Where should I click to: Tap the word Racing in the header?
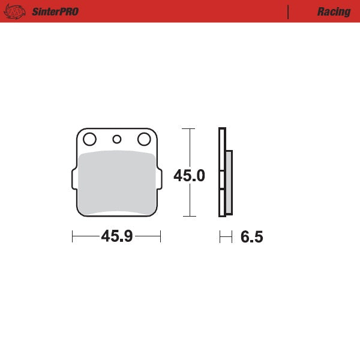(x=334, y=11)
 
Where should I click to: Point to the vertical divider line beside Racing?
(x=289, y=11)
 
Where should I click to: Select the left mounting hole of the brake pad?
(x=89, y=140)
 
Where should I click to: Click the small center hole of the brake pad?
(x=117, y=140)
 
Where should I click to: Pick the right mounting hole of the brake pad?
(x=144, y=140)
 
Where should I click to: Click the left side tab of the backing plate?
(x=74, y=179)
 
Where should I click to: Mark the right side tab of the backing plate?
(x=158, y=179)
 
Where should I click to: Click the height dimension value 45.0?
(x=189, y=176)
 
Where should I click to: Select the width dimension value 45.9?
(x=116, y=237)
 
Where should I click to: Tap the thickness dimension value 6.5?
(x=251, y=237)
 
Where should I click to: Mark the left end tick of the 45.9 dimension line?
(x=72, y=237)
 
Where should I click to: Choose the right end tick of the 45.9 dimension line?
(x=161, y=237)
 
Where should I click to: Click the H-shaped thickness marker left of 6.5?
(x=226, y=237)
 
